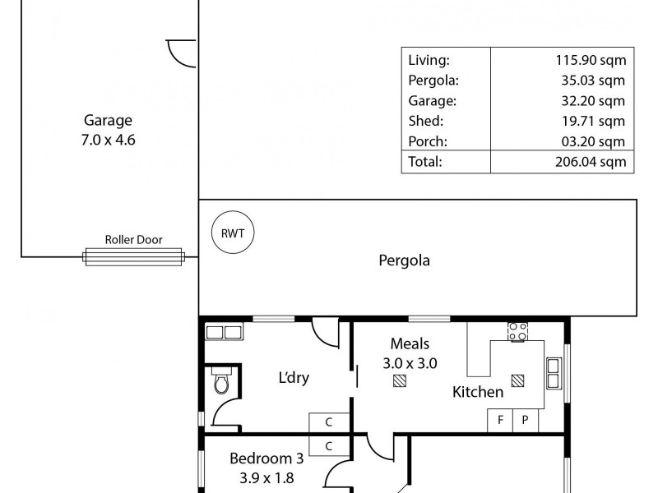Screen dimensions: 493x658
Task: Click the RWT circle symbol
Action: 233,233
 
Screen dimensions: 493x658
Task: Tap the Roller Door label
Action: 133,240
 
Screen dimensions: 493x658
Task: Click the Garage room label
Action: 107,120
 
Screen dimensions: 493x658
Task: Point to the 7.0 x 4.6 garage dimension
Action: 107,140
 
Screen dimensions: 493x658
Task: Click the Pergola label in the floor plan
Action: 404,261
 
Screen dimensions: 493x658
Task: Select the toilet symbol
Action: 220,383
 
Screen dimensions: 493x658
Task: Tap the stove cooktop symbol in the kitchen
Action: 517,331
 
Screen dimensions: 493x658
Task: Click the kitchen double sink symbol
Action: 554,373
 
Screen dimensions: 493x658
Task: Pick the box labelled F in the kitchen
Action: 499,420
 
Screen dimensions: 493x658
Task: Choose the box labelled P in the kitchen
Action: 525,420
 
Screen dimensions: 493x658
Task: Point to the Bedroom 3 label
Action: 261,458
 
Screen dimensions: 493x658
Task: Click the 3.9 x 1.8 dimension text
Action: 262,477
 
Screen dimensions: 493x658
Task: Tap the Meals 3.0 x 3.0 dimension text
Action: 410,362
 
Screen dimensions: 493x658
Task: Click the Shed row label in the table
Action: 424,121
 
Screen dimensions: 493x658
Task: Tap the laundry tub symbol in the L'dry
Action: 223,332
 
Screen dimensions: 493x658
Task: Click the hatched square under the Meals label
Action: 400,380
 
